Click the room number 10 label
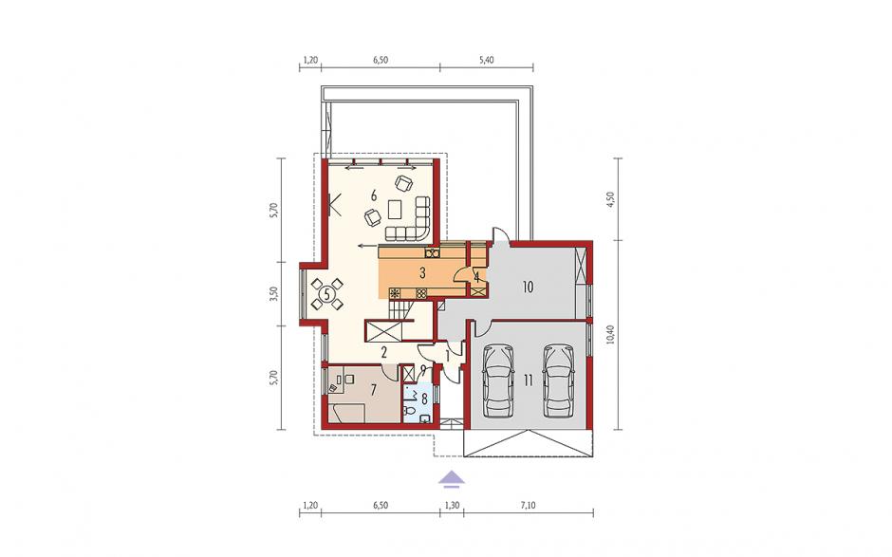click(x=528, y=287)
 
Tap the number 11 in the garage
click(x=529, y=381)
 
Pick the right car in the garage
click(x=558, y=381)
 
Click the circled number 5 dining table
click(x=327, y=294)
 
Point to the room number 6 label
click(x=374, y=195)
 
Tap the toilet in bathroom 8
click(x=408, y=410)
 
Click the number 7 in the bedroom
click(x=373, y=390)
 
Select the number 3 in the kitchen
click(x=422, y=273)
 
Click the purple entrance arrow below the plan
click(x=451, y=479)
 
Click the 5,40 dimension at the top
click(x=487, y=60)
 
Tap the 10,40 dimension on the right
click(x=611, y=335)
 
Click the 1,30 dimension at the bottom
click(x=452, y=505)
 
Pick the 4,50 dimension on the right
click(x=611, y=199)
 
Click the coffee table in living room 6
click(x=395, y=210)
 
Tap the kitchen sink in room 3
click(x=432, y=252)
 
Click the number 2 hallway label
click(x=384, y=353)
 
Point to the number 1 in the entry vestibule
click(x=447, y=357)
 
